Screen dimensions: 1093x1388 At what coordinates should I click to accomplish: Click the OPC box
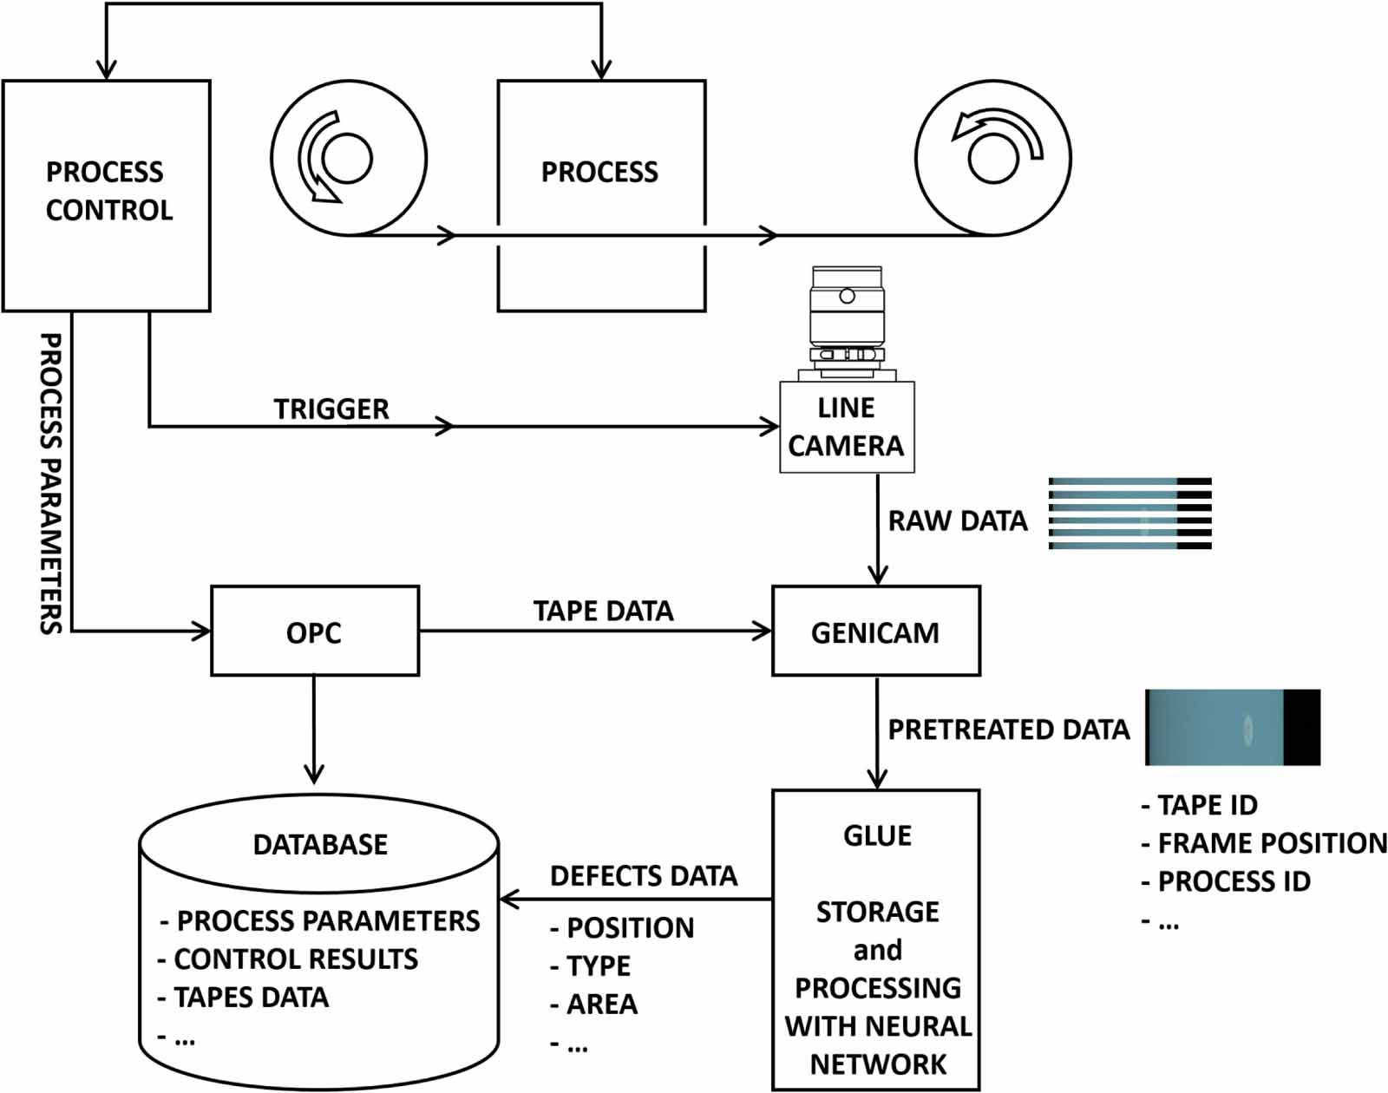pyautogui.click(x=315, y=632)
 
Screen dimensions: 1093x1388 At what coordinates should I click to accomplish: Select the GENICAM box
pyautogui.click(x=875, y=632)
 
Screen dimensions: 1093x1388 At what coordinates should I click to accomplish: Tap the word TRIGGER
pyautogui.click(x=331, y=409)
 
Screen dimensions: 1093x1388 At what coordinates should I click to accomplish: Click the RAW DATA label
pyautogui.click(x=957, y=520)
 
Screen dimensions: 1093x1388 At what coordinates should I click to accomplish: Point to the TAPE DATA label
pyautogui.click(x=603, y=611)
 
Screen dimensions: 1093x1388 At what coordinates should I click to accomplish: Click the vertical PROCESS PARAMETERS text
pyautogui.click(x=52, y=483)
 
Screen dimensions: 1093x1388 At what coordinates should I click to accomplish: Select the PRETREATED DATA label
pyautogui.click(x=1008, y=730)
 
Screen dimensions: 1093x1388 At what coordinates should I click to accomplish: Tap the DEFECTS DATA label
pyautogui.click(x=644, y=876)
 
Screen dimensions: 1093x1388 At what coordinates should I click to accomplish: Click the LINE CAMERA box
pyautogui.click(x=847, y=427)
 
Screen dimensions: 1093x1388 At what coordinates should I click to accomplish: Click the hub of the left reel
pyautogui.click(x=348, y=158)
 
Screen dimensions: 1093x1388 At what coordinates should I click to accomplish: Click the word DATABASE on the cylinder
pyautogui.click(x=320, y=845)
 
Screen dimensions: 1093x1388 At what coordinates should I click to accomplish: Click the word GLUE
pyautogui.click(x=877, y=835)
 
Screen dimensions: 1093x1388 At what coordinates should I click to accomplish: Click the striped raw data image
pyautogui.click(x=1129, y=514)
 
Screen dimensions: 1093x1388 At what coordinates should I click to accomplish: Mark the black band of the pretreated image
pyautogui.click(x=1301, y=728)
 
